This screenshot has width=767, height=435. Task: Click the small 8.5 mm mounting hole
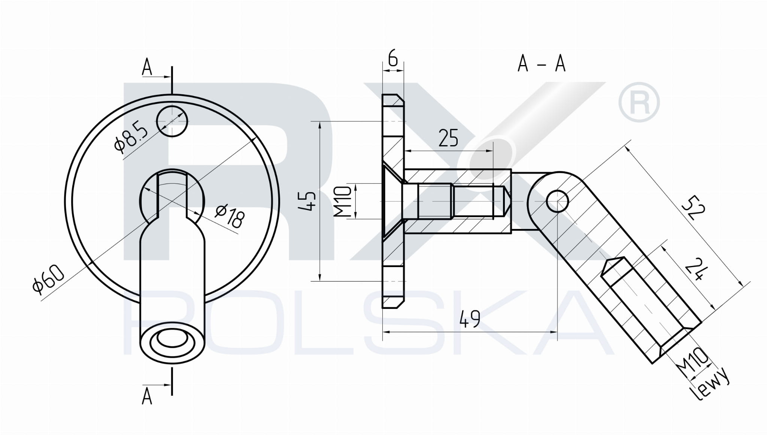[172, 121]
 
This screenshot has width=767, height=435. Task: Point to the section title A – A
[541, 63]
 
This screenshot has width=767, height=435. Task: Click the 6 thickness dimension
[392, 59]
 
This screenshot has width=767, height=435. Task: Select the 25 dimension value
[448, 138]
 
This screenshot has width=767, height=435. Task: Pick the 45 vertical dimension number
[309, 201]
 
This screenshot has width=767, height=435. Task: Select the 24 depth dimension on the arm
[697, 268]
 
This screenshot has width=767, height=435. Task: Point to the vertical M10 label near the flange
[342, 202]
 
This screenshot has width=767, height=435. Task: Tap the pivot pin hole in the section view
[557, 201]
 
